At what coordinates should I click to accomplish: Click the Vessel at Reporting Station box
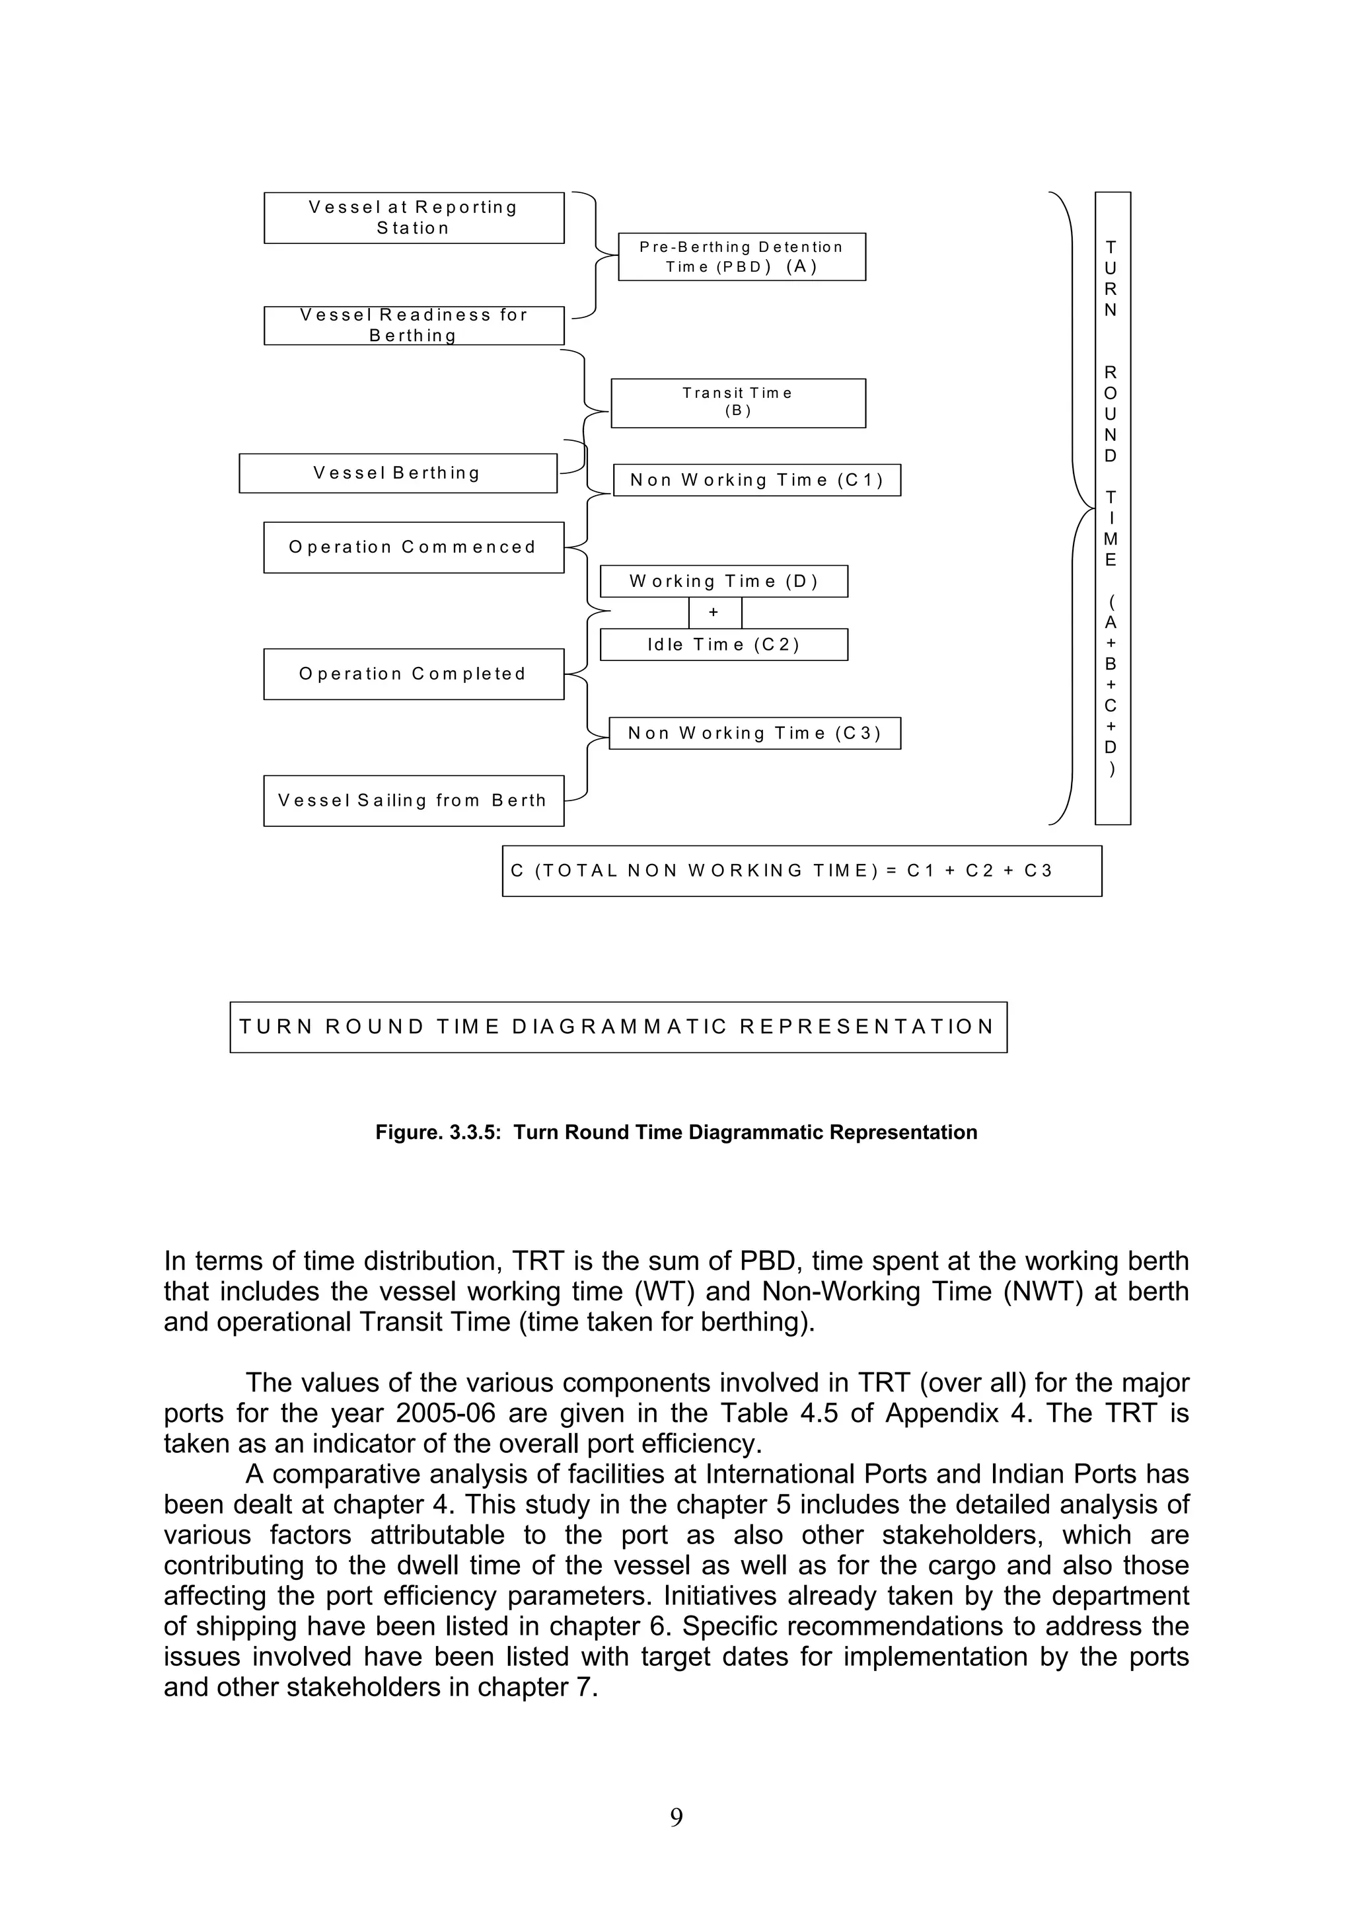pyautogui.click(x=414, y=217)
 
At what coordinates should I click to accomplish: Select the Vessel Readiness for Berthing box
pyautogui.click(x=414, y=325)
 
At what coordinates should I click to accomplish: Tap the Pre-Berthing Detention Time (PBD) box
pyautogui.click(x=741, y=257)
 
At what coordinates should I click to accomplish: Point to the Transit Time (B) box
pyautogui.click(x=738, y=403)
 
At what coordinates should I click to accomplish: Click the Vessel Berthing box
pyautogui.click(x=398, y=473)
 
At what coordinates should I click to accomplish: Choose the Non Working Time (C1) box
pyautogui.click(x=756, y=481)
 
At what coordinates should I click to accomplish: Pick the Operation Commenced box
pyautogui.click(x=414, y=547)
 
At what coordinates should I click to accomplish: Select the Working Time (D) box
pyautogui.click(x=723, y=581)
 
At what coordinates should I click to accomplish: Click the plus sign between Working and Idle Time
pyautogui.click(x=713, y=612)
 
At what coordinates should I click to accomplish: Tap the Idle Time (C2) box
pyautogui.click(x=723, y=645)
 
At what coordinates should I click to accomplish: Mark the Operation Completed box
pyautogui.click(x=414, y=674)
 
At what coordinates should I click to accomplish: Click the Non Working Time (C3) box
pyautogui.click(x=754, y=733)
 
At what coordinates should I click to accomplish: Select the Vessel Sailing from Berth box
pyautogui.click(x=414, y=801)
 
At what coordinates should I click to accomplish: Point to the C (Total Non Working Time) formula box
pyautogui.click(x=801, y=871)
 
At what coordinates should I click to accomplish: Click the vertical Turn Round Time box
pyautogui.click(x=1112, y=508)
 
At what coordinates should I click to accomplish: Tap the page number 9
pyautogui.click(x=676, y=1817)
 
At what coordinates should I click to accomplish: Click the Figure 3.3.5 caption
pyautogui.click(x=676, y=1132)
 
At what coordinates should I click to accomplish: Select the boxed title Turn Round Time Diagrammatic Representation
pyautogui.click(x=618, y=1027)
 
